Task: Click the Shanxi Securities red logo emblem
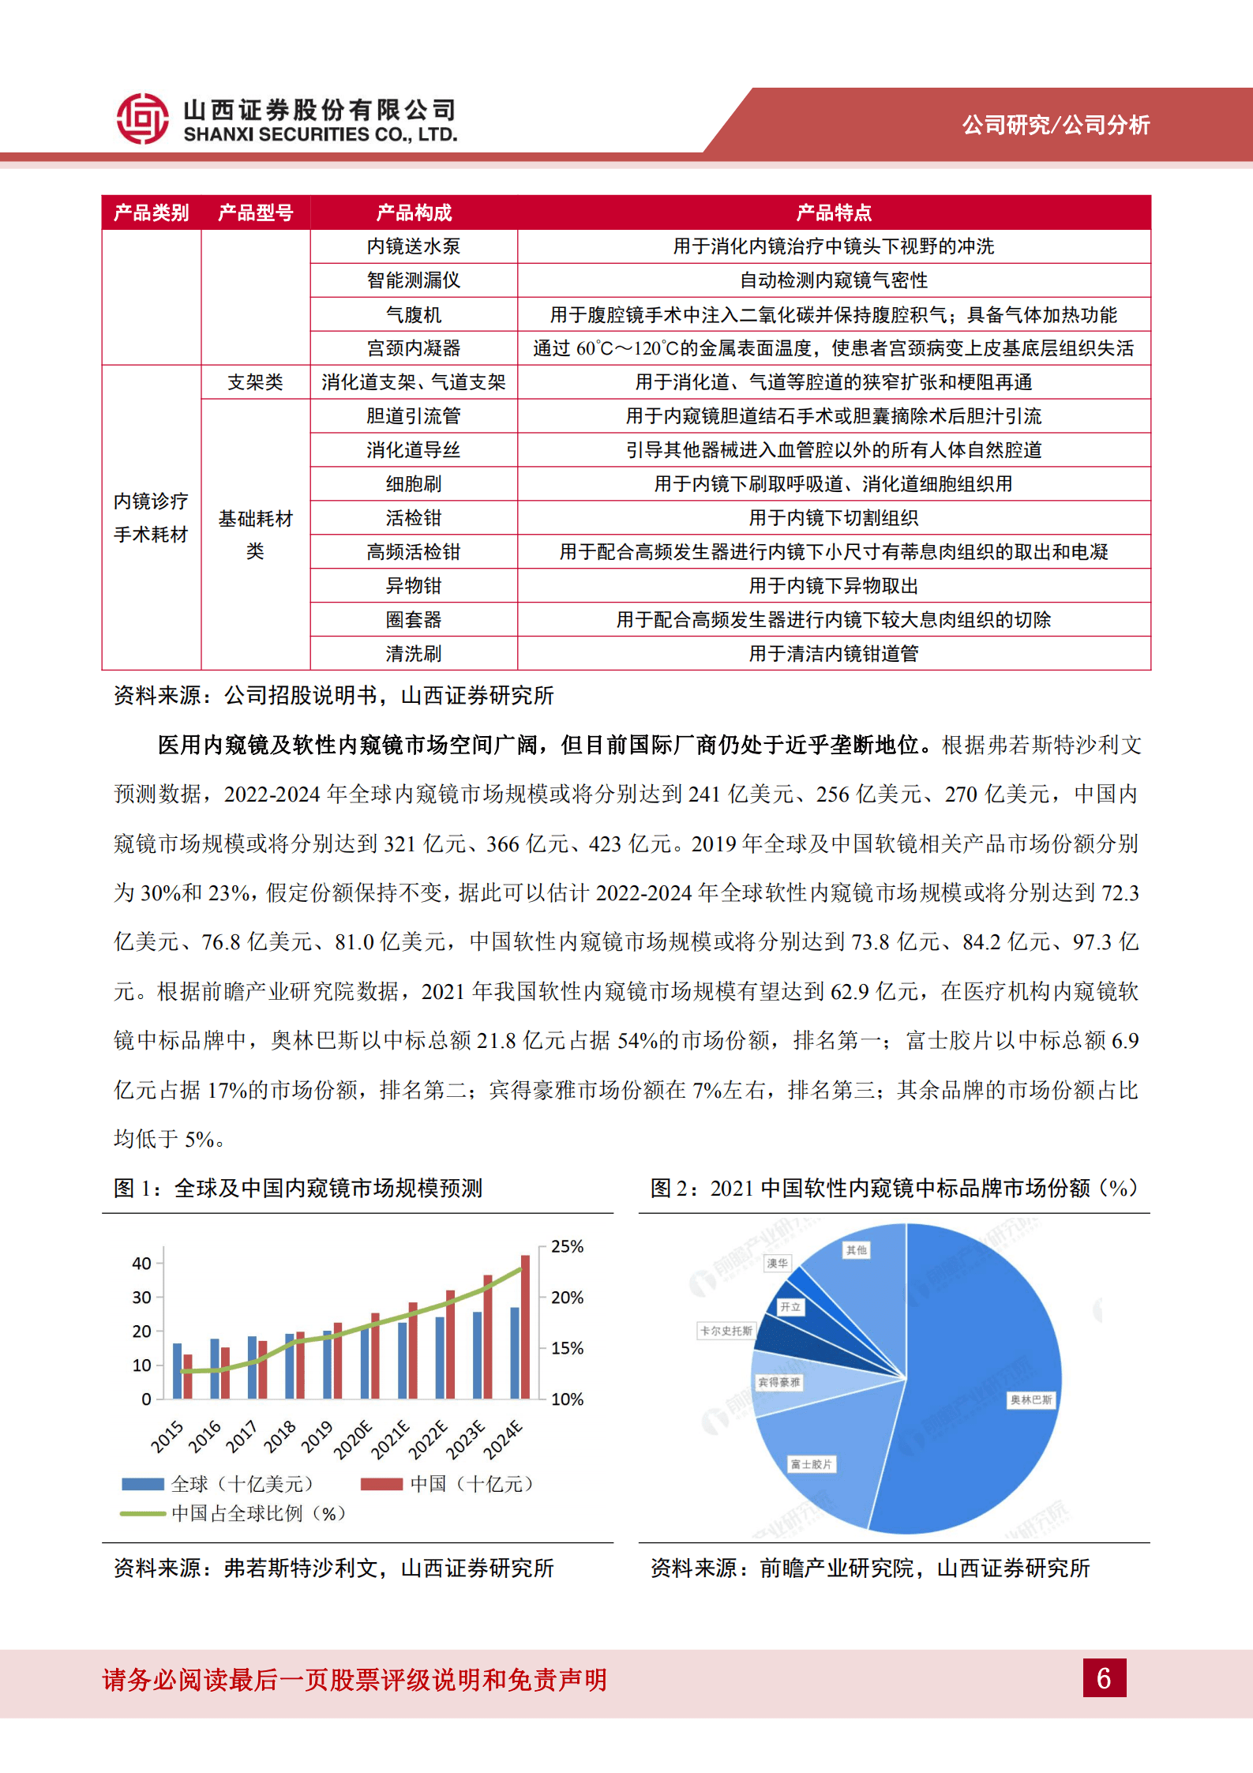point(142,119)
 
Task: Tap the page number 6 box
point(1104,1677)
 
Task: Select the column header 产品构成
point(414,212)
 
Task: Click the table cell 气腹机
point(414,314)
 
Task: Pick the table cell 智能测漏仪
point(414,280)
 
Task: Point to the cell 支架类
point(255,382)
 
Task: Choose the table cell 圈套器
point(414,620)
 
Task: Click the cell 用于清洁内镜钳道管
point(834,654)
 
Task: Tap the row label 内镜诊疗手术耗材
point(151,517)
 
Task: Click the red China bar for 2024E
point(525,1327)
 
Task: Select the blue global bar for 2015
point(177,1371)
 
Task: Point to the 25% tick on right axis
point(567,1247)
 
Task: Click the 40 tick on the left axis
point(141,1264)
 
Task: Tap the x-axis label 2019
point(317,1436)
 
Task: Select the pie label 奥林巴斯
point(1030,1400)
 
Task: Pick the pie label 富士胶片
point(811,1464)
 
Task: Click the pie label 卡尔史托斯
point(726,1331)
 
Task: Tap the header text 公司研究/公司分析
point(1056,125)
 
